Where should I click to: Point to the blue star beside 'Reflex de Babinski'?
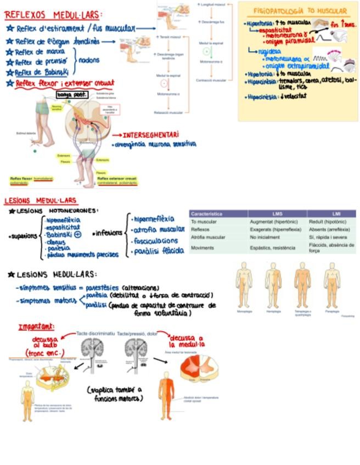pos(10,72)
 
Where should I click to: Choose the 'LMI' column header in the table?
pos(336,214)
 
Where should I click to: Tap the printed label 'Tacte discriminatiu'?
pos(95,333)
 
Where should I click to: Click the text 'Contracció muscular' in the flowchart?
pos(211,80)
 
